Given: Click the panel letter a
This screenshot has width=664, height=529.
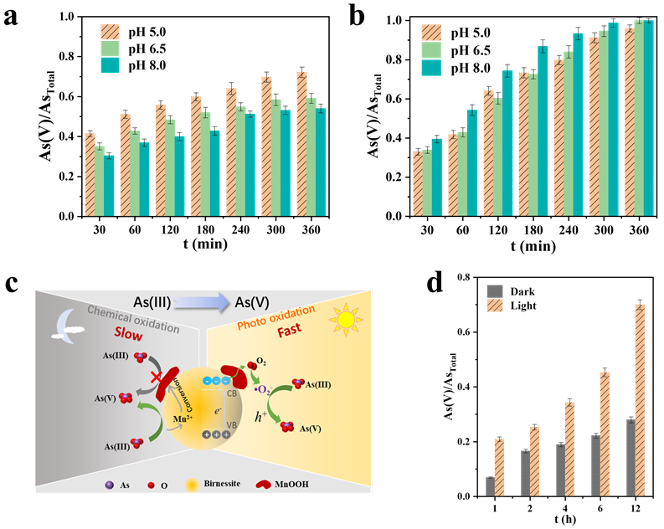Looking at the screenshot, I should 12,18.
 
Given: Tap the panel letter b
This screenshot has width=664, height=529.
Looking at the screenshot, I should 356,18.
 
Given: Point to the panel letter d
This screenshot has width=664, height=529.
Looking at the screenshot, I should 435,283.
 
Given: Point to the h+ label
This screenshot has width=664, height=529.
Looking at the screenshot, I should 262,413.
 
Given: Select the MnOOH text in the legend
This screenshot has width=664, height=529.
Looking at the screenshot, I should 317,483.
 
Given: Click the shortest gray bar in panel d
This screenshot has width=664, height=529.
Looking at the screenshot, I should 490,486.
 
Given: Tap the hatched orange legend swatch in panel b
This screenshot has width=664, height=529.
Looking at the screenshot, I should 430,33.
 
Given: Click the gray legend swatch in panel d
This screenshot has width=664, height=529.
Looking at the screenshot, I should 495,291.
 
